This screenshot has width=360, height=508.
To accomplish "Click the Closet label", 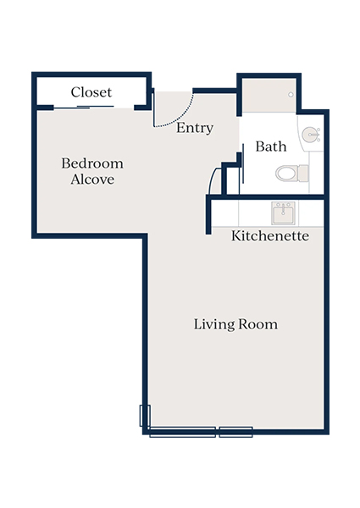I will coord(91,91).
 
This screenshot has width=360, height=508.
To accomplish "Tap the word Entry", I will coord(194,129).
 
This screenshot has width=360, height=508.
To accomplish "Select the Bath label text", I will coord(271,146).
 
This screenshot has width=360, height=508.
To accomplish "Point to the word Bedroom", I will coord(92,163).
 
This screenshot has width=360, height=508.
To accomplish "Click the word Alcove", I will coord(92,179).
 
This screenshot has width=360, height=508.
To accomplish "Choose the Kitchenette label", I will coord(269,235).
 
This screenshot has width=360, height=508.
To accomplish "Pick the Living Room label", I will coord(235,324).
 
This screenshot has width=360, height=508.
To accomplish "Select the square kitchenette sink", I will coord(283,212).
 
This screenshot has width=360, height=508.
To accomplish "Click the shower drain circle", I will coord(291,94).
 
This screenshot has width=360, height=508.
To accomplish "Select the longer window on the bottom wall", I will coord(182,432).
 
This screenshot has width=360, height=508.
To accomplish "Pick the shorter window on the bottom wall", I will coord(235,432).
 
